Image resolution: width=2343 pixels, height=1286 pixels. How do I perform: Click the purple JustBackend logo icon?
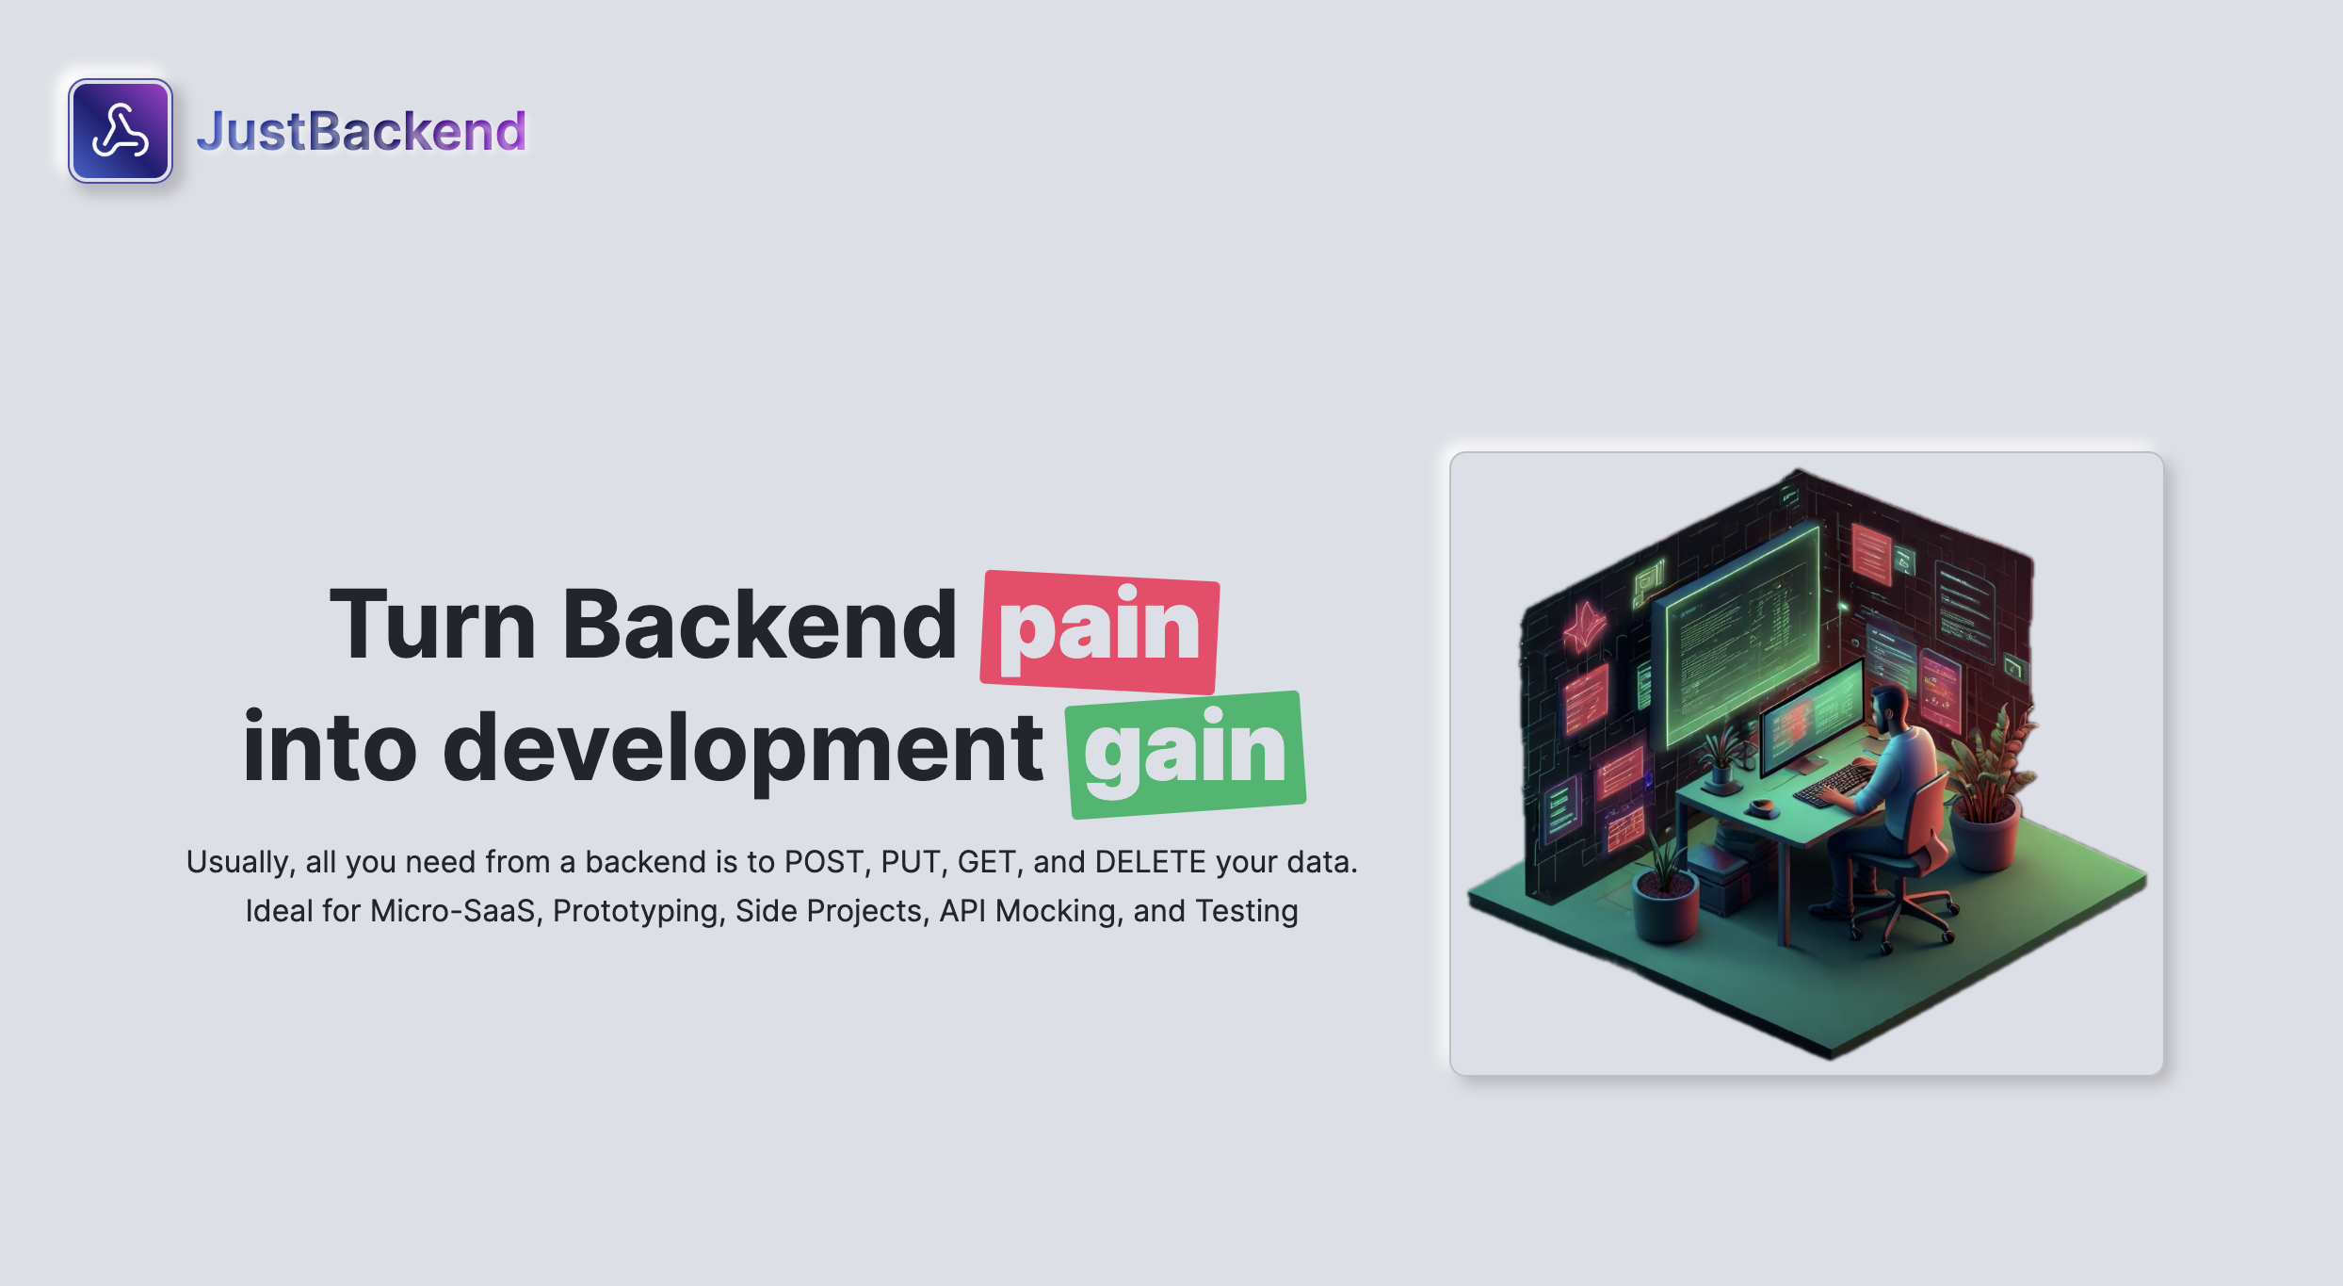coord(121,131)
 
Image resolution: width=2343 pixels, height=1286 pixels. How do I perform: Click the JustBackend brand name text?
coord(361,131)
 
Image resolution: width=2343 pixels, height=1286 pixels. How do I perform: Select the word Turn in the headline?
coord(432,625)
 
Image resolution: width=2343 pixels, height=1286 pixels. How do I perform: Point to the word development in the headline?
coord(742,749)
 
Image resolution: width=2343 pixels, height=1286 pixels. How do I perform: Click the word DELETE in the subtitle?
coord(1150,862)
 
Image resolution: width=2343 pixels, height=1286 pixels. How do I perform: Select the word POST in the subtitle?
coord(826,862)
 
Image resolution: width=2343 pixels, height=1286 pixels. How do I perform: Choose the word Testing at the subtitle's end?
coord(1246,911)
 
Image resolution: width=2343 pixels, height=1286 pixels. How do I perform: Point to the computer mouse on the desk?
coord(1761,806)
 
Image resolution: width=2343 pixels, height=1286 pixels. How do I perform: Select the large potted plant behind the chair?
coord(1987,791)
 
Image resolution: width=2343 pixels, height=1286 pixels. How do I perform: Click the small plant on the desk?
coord(1721,754)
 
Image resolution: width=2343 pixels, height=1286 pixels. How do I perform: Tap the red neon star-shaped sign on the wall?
coord(1585,626)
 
